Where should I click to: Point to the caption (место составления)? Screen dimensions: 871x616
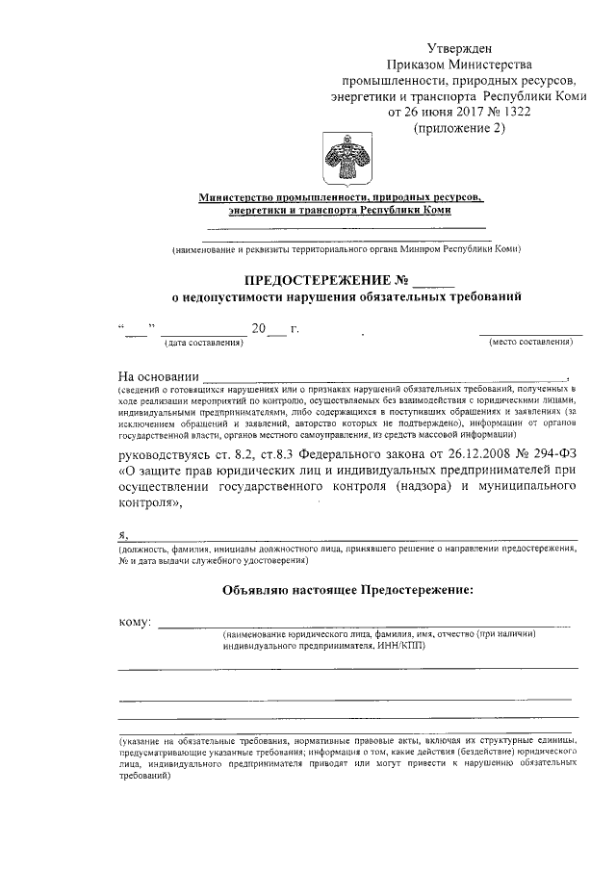pyautogui.click(x=535, y=343)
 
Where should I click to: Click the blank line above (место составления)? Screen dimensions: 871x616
pyautogui.click(x=531, y=333)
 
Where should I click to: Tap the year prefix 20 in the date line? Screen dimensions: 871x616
pyautogui.click(x=258, y=328)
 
